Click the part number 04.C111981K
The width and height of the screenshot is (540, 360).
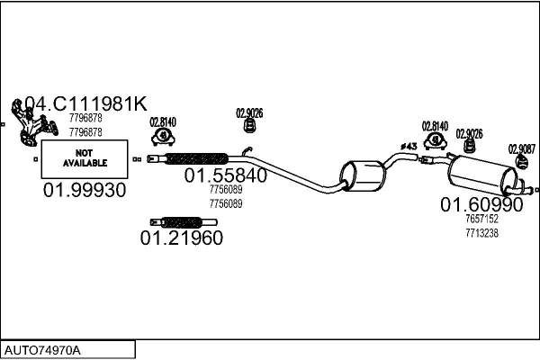[x=86, y=103]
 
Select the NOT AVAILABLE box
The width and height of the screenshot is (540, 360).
[x=85, y=158]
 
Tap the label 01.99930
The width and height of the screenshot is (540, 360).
[x=85, y=190]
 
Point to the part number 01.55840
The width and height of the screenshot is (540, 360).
[x=226, y=175]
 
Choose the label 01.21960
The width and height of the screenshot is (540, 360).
[x=182, y=238]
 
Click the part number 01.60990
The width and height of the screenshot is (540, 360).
[x=481, y=204]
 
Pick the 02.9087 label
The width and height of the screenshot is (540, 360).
[x=522, y=149]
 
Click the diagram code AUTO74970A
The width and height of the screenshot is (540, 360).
[x=42, y=351]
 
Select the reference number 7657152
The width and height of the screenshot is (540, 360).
[x=481, y=219]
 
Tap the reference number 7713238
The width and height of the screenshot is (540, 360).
[x=481, y=233]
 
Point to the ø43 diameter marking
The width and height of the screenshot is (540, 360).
[x=409, y=147]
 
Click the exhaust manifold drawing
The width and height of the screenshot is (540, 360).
[x=32, y=123]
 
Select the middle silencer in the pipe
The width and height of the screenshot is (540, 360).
[x=363, y=175]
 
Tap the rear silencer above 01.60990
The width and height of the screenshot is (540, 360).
[x=482, y=175]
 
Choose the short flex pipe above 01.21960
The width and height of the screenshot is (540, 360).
[x=184, y=222]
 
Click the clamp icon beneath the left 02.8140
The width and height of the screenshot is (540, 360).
[x=163, y=137]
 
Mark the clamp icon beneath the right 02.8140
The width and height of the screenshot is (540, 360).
[x=436, y=140]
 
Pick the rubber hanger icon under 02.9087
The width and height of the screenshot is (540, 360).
[x=522, y=162]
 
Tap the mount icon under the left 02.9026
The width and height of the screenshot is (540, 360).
[x=249, y=125]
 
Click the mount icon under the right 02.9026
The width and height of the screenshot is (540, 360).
[x=469, y=146]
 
